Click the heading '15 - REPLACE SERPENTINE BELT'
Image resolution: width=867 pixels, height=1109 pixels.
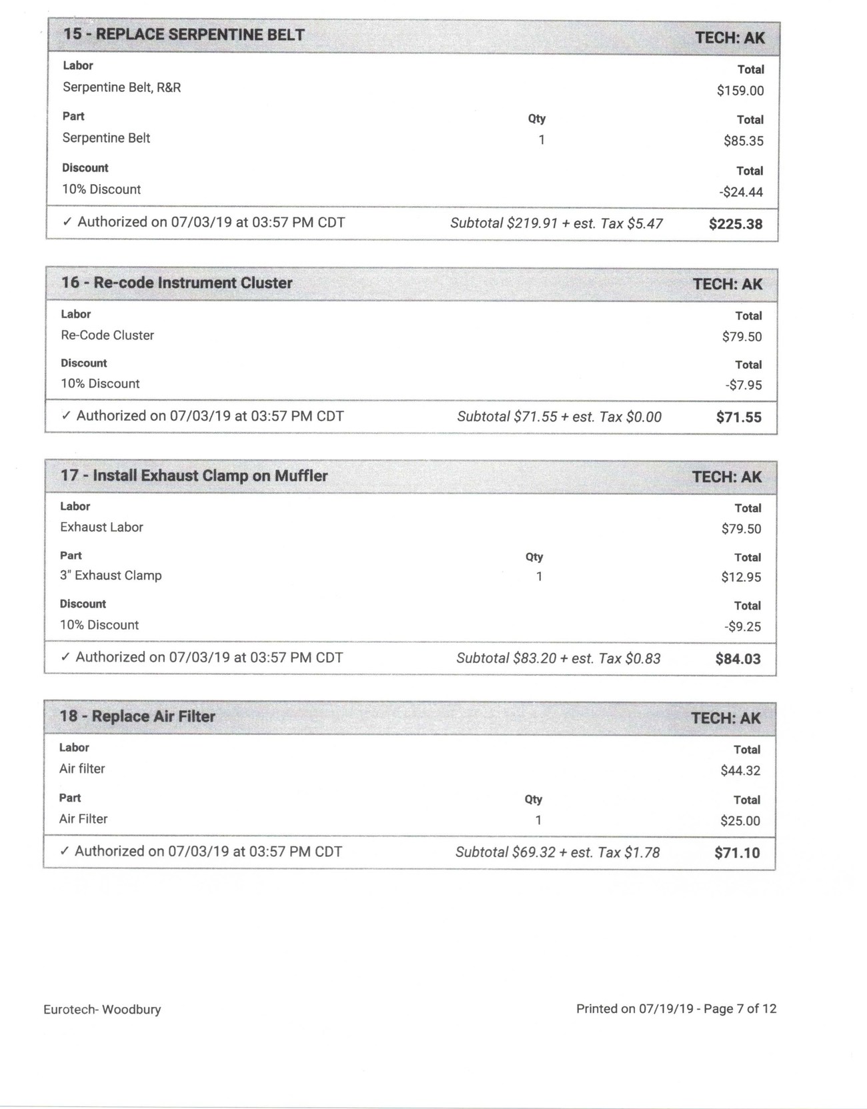(183, 35)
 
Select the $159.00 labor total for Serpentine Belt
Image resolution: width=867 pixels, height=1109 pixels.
(740, 91)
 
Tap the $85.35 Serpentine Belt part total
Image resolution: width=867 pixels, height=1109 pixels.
(743, 141)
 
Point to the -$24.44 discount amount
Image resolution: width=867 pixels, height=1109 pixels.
(741, 192)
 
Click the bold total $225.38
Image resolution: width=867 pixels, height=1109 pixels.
(735, 224)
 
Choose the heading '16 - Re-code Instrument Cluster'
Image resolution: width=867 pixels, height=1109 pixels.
(177, 283)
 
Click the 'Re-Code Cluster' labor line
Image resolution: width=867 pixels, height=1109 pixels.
(107, 335)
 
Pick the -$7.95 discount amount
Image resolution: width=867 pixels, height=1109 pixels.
(743, 385)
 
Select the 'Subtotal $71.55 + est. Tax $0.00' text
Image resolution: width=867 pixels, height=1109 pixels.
(559, 417)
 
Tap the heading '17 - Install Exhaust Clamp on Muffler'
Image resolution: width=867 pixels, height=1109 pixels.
(194, 475)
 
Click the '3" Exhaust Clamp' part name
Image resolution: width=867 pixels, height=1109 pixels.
(111, 576)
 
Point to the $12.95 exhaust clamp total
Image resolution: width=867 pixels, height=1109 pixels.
(740, 577)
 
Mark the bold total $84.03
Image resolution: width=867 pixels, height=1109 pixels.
(738, 659)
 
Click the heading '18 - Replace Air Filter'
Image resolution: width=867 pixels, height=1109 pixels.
(137, 716)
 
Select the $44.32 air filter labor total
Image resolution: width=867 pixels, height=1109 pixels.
(740, 770)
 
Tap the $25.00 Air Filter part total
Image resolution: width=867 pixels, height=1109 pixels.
(740, 820)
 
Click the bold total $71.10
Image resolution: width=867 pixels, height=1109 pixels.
(737, 852)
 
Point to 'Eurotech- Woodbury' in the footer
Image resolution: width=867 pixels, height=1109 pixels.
(102, 1010)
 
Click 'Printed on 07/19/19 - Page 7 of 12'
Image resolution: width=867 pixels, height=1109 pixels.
(676, 1009)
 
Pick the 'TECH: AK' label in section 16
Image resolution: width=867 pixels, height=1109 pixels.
(727, 284)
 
